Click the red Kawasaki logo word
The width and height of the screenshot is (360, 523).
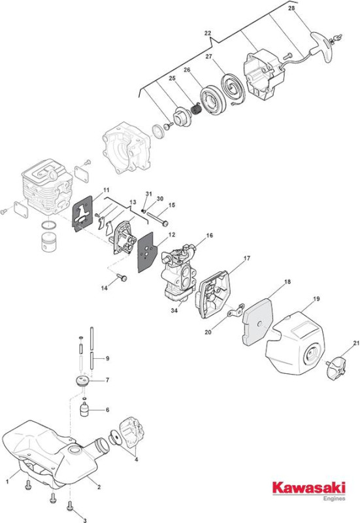(x=308, y=488)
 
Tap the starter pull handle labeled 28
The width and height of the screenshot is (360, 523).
(x=323, y=46)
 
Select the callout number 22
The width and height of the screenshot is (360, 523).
(x=207, y=33)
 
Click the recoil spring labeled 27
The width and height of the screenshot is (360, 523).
(x=233, y=88)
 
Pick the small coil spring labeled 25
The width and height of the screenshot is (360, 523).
(x=195, y=108)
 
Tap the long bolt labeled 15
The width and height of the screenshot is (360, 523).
(x=157, y=219)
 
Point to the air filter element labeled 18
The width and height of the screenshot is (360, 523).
(x=257, y=321)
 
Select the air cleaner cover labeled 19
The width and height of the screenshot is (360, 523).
(x=295, y=343)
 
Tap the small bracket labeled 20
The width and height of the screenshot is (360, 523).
(x=235, y=311)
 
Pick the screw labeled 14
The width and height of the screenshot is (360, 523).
(x=122, y=277)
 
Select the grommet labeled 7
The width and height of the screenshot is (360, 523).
(x=82, y=381)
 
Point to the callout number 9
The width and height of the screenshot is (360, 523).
(x=107, y=358)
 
